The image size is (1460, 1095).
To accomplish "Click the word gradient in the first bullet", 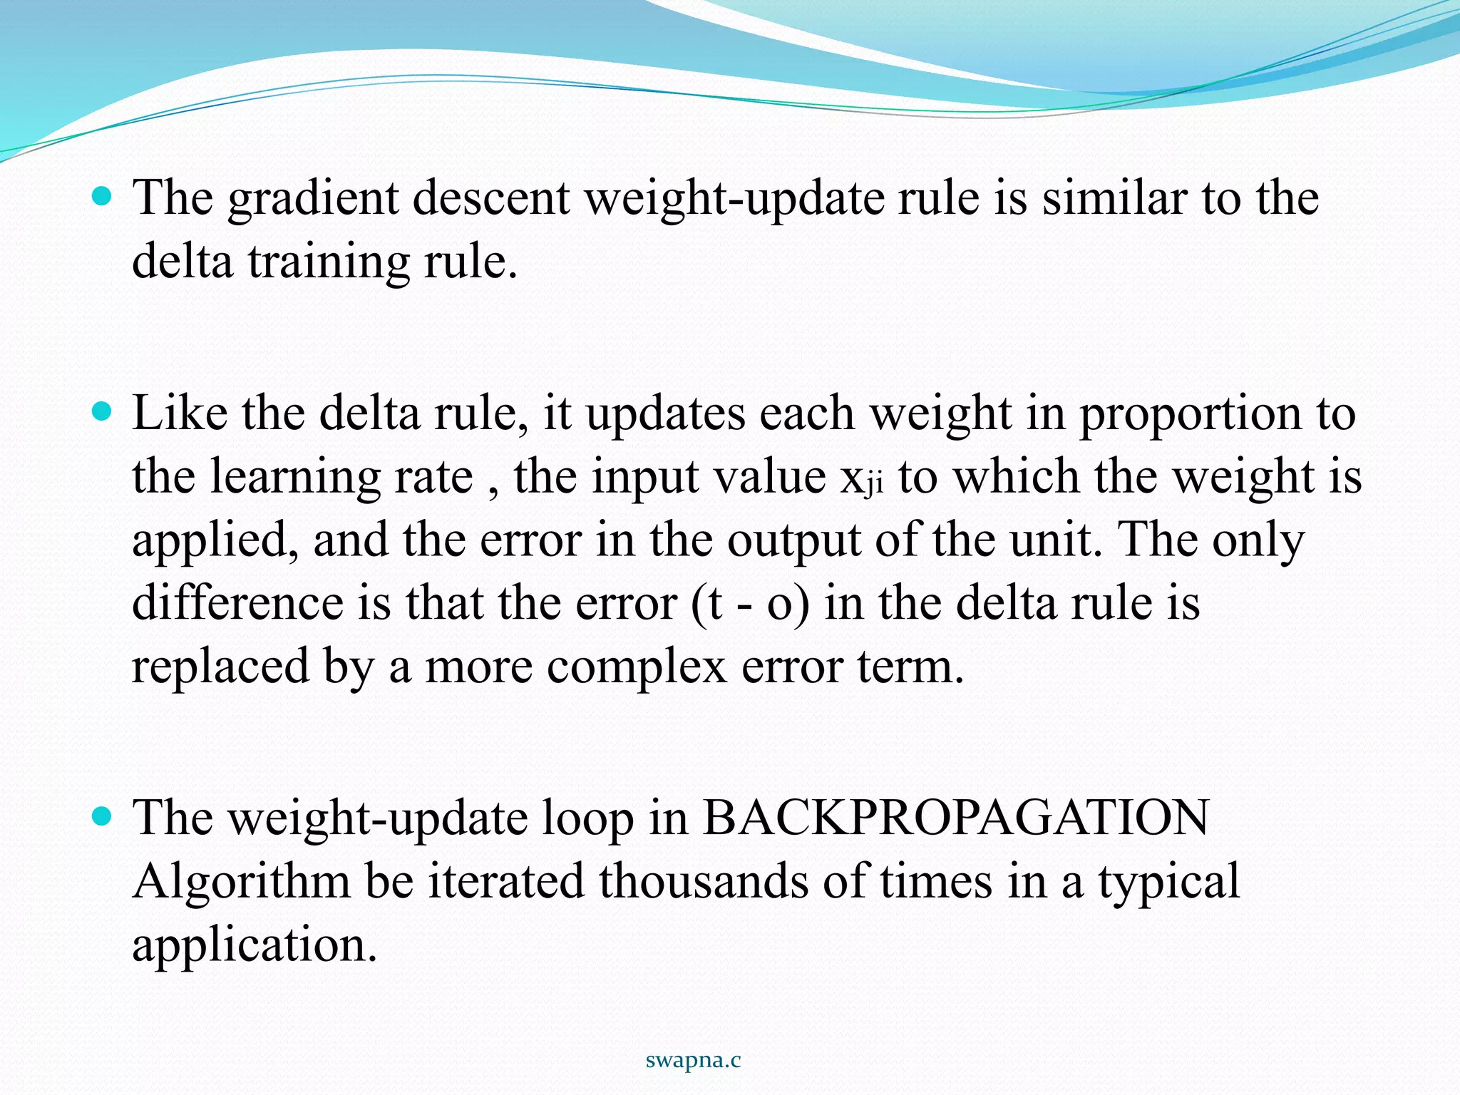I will pyautogui.click(x=312, y=199).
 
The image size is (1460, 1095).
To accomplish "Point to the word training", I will pyautogui.click(x=329, y=262).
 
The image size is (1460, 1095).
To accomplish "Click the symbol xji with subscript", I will pyautogui.click(x=861, y=479).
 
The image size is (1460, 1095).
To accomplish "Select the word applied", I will pyautogui.click(x=215, y=541).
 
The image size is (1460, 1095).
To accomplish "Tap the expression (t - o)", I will pyautogui.click(x=750, y=605).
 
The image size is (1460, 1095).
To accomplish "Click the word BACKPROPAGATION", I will pyautogui.click(x=955, y=818).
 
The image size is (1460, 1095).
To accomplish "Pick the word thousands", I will pyautogui.click(x=703, y=881).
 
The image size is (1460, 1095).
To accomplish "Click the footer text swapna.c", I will pyautogui.click(x=693, y=1061).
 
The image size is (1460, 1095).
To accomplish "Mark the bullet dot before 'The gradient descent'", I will pyautogui.click(x=103, y=196).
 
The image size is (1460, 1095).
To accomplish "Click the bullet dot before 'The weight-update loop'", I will pyautogui.click(x=103, y=816).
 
